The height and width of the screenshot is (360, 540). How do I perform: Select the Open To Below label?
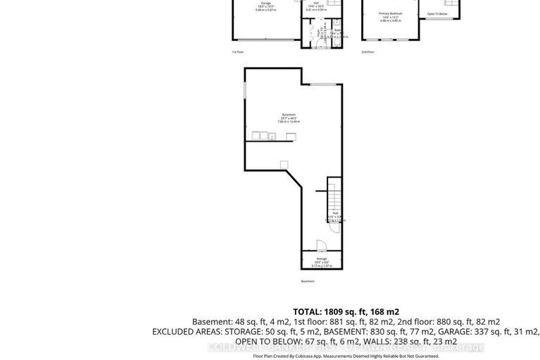tap(437, 13)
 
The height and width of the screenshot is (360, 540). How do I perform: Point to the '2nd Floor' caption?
tap(368, 52)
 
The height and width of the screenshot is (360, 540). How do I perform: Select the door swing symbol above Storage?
tap(320, 245)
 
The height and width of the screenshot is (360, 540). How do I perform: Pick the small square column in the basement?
tap(284, 164)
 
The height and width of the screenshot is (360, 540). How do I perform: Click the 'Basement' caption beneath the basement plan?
tap(308, 281)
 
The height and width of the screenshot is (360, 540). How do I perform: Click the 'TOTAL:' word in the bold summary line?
tap(307, 311)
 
